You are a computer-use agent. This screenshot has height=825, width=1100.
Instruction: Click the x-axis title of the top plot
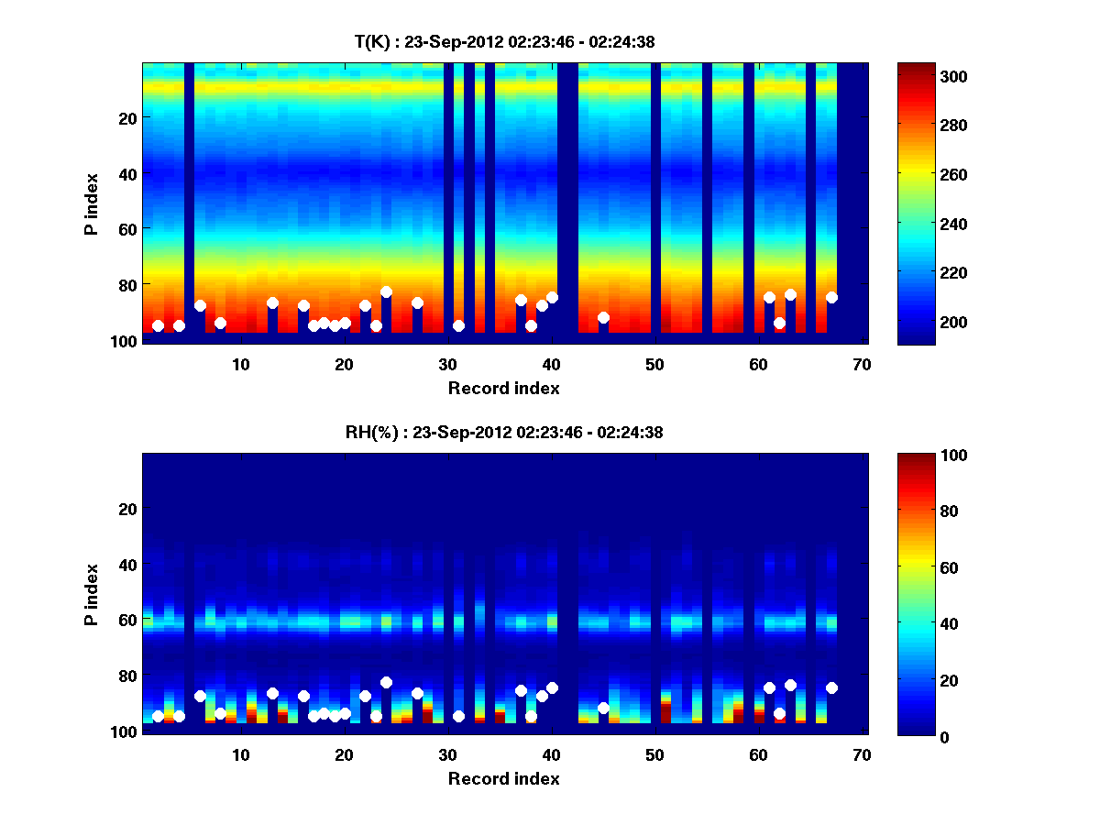pyautogui.click(x=504, y=388)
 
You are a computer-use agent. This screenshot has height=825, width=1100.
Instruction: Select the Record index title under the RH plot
pyautogui.click(x=504, y=778)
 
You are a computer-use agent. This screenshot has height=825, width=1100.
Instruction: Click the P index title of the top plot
pyautogui.click(x=91, y=203)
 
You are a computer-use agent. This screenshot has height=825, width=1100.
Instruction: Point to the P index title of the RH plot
pyautogui.click(x=91, y=594)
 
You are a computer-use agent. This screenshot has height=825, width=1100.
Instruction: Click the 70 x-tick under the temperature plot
pyautogui.click(x=861, y=364)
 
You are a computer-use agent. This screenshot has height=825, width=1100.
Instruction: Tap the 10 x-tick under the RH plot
pyautogui.click(x=240, y=754)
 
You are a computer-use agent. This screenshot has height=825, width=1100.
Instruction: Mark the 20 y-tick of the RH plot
pyautogui.click(x=127, y=509)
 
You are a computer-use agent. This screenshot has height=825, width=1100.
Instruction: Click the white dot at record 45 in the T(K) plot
pyautogui.click(x=603, y=317)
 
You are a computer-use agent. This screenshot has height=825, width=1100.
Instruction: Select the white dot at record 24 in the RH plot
pyautogui.click(x=386, y=682)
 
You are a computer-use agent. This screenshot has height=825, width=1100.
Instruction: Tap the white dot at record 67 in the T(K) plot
pyautogui.click(x=831, y=297)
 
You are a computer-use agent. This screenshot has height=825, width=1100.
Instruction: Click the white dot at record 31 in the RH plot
pyautogui.click(x=458, y=716)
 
